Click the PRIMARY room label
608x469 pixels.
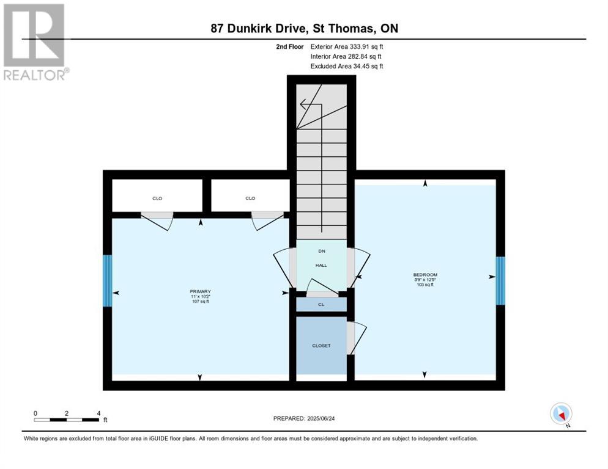pyautogui.click(x=200, y=291)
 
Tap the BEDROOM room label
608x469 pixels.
pyautogui.click(x=425, y=275)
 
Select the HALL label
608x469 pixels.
pyautogui.click(x=321, y=265)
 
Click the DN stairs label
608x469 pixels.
pyautogui.click(x=321, y=251)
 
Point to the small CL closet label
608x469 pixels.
pyautogui.click(x=321, y=304)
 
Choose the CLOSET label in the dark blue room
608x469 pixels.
pyautogui.click(x=321, y=346)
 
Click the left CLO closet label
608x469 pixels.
pyautogui.click(x=157, y=198)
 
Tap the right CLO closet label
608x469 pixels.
pyautogui.click(x=250, y=198)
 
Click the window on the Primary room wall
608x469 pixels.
pyautogui.click(x=108, y=281)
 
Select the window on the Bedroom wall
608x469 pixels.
pyautogui.click(x=500, y=280)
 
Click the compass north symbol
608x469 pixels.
pyautogui.click(x=561, y=414)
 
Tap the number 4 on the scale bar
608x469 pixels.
pyautogui.click(x=98, y=413)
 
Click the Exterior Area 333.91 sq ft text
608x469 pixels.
pyautogui.click(x=347, y=46)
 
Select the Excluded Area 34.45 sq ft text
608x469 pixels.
pyautogui.click(x=347, y=66)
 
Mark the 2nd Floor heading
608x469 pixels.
pyautogui.click(x=289, y=46)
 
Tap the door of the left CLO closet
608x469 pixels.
pyautogui.click(x=157, y=220)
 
